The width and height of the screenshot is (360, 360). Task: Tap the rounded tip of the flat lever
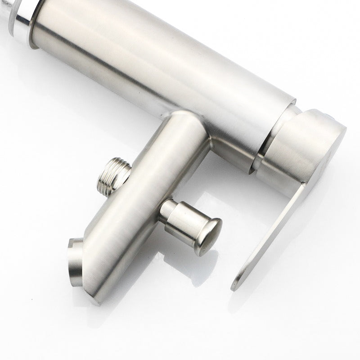point(239,281)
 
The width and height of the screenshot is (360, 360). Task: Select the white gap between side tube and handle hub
point(234,171)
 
